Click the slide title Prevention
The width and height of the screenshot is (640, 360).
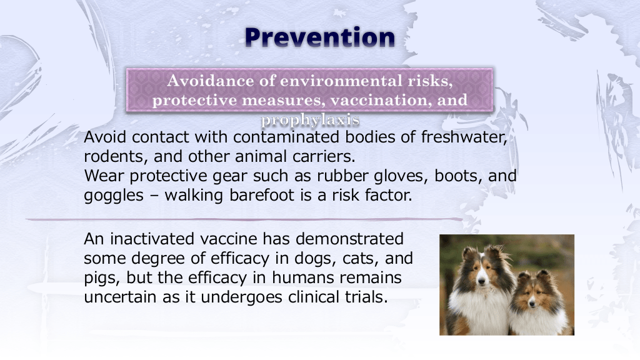point(320,37)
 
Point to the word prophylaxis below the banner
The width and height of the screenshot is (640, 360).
point(310,119)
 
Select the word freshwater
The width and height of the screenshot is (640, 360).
point(464,137)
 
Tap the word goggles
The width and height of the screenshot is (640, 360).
point(114,196)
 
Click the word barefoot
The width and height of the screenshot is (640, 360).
point(262,195)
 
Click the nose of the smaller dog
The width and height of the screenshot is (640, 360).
point(531,304)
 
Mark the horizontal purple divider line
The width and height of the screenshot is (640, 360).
point(244,219)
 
